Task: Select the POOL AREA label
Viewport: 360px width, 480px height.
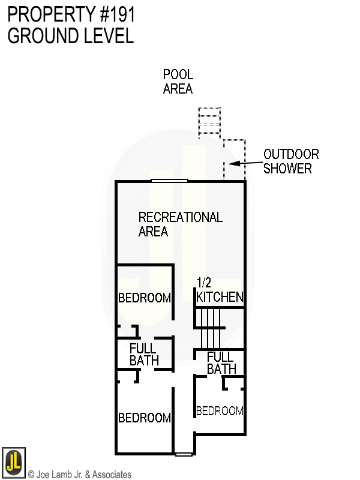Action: pos(178,82)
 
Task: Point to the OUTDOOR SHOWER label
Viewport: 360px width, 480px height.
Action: pos(291,161)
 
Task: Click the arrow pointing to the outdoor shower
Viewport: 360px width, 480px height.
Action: pos(242,163)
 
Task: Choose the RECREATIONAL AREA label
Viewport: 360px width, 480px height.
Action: pos(180,224)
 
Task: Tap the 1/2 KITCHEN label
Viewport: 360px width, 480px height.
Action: pos(220,290)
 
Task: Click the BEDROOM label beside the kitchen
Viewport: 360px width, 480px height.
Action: pos(144,298)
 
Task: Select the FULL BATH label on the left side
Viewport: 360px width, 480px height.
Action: pos(144,354)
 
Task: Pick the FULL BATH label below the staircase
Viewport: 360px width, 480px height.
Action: pos(221,362)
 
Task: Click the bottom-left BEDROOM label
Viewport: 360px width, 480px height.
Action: pos(144,418)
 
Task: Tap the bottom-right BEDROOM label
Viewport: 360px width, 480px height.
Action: pos(220,411)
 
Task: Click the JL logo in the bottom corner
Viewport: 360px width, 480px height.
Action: pos(13,461)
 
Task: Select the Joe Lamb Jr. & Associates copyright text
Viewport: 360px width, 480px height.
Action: pos(80,475)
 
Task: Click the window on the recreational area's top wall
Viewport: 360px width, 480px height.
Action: pos(169,180)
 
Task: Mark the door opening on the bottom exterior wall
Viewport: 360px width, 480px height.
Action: pos(184,454)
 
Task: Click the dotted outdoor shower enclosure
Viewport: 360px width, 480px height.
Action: pos(234,160)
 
